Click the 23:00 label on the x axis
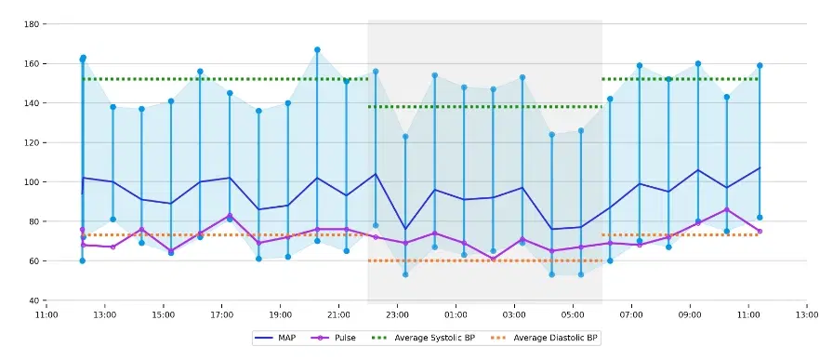click(x=397, y=313)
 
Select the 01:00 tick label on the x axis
click(x=456, y=313)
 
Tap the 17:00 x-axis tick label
click(x=221, y=313)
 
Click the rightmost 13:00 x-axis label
click(x=807, y=313)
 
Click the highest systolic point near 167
click(x=317, y=50)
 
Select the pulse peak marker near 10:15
click(x=727, y=210)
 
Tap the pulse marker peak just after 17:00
click(x=230, y=216)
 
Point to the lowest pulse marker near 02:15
click(x=493, y=259)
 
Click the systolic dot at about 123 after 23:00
click(x=405, y=137)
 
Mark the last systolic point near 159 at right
click(x=760, y=65)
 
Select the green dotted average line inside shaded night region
click(x=483, y=107)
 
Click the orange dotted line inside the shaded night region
click(x=483, y=260)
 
